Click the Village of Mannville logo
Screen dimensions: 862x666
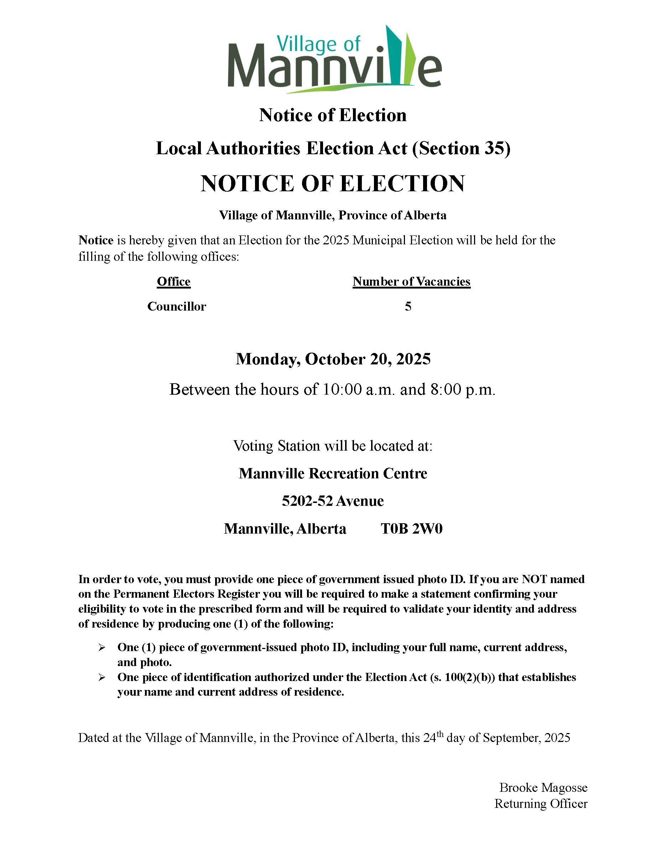pos(334,59)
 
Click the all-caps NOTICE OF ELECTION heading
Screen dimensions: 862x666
pos(333,184)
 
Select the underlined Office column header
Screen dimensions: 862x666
pos(173,281)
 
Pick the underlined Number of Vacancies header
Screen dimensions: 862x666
pos(411,281)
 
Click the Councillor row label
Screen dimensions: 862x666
pos(176,306)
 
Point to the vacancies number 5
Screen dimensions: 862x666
pos(408,306)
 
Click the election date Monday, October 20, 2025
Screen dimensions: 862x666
pos(333,359)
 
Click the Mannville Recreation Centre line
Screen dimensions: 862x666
pos(333,473)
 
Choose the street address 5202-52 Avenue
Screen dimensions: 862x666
pos(333,501)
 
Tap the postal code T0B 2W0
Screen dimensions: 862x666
pos(411,529)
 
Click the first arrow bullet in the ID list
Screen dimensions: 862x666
pos(102,648)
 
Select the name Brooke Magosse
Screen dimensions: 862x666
pos(543,788)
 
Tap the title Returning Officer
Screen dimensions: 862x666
pos(541,804)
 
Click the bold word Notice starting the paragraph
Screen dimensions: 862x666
pos(96,240)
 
